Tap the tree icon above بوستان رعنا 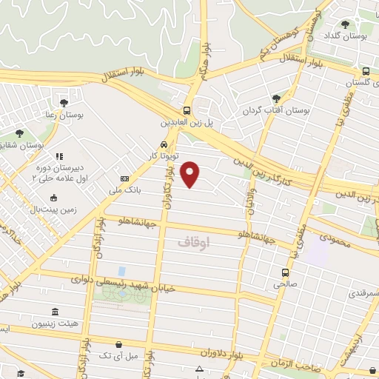click(64, 101)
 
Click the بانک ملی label click(105, 190)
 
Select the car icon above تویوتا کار click(162, 144)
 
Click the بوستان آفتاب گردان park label click(275, 111)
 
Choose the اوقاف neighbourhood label click(195, 241)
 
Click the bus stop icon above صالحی click(285, 272)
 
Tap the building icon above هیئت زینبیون click(53, 312)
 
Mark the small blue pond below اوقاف click(121, 272)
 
